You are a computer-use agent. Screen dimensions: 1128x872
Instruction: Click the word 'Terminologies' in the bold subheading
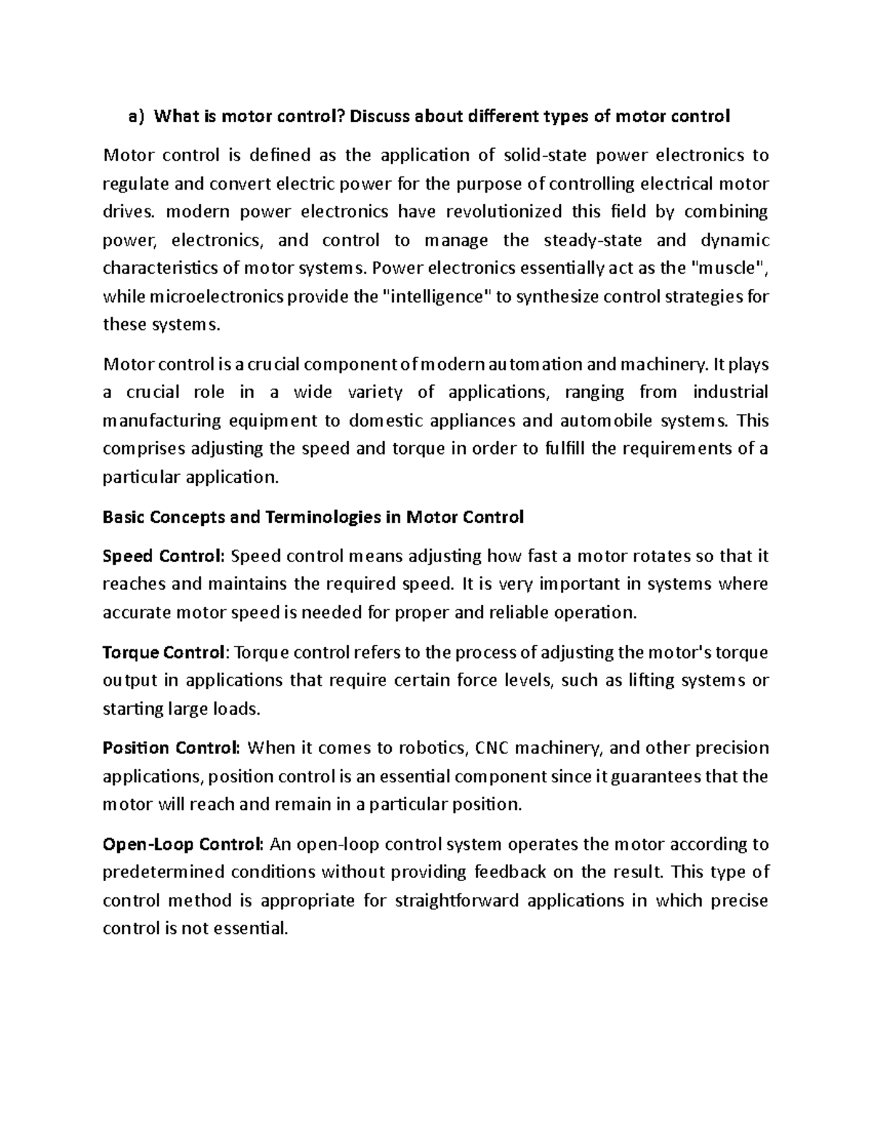click(303, 517)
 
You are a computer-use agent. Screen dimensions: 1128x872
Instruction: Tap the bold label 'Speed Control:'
click(163, 556)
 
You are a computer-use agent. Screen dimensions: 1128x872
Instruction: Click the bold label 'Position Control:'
click(171, 748)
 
